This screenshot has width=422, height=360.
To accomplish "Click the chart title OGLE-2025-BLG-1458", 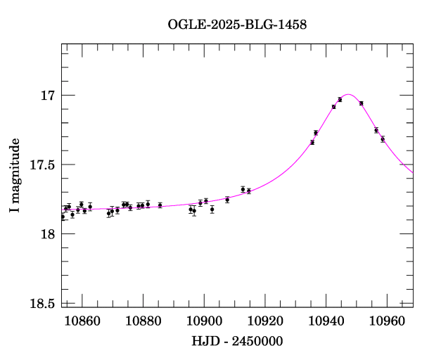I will click(237, 24).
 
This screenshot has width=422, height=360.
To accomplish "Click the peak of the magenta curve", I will click(348, 94).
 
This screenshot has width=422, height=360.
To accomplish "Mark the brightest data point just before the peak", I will click(340, 99).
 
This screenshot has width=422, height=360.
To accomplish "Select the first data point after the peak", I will click(361, 103).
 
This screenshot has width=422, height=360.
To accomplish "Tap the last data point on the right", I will click(383, 139).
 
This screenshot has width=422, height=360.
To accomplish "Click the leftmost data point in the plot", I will click(63, 217).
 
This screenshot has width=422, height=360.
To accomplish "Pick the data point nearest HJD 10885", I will click(160, 205).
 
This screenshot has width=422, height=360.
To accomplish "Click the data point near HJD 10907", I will click(227, 200).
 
